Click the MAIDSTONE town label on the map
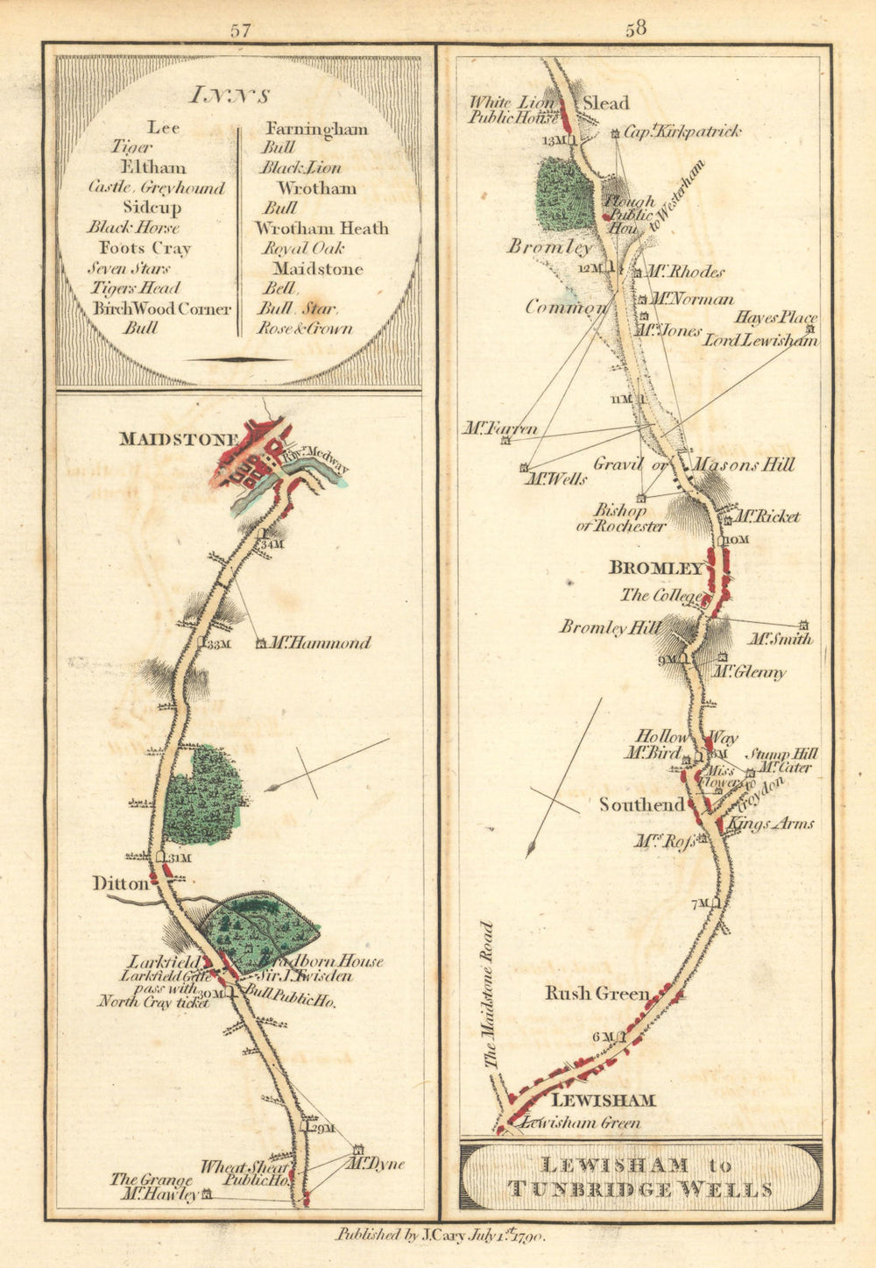click(179, 439)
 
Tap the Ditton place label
click(121, 884)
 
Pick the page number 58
click(636, 28)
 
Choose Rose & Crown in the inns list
click(304, 329)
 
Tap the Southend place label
click(641, 804)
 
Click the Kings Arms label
click(771, 824)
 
